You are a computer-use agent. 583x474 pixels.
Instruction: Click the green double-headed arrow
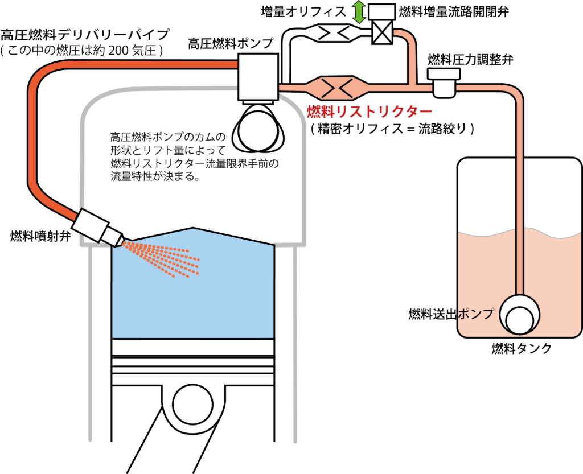point(358,13)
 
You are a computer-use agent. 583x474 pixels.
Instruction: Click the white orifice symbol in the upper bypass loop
point(333,32)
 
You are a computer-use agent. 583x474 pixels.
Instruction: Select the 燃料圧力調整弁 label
point(463,60)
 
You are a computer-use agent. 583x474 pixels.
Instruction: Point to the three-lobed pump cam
point(257,129)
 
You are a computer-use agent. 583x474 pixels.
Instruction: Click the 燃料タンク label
point(522,349)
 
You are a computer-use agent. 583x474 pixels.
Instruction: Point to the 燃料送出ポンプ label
point(450,314)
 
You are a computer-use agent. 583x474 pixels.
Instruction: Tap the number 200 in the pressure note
point(122,50)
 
